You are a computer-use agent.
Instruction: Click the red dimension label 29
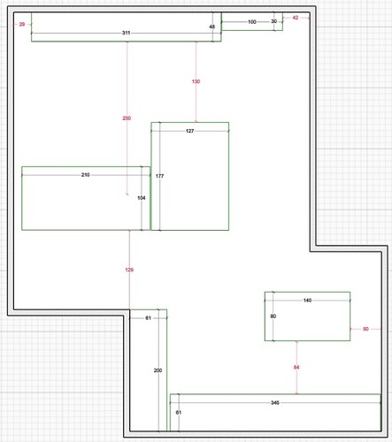click(22, 24)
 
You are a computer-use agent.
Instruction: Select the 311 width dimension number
click(126, 33)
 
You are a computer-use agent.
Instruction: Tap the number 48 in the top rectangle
click(212, 27)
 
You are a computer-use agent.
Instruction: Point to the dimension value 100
click(252, 22)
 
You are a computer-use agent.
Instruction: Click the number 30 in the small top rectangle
click(274, 21)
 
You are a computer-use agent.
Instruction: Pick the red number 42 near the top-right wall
click(296, 18)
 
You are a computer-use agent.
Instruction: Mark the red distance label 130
click(196, 81)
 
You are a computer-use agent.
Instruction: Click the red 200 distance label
click(127, 118)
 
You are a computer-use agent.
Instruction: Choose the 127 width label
click(190, 131)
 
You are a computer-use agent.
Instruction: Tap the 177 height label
click(159, 176)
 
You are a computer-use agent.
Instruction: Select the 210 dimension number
click(85, 175)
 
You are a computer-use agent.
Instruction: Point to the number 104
click(142, 198)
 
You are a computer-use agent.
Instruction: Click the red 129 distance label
click(129, 270)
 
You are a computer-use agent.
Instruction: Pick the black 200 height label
click(158, 370)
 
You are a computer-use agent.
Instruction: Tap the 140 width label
click(307, 301)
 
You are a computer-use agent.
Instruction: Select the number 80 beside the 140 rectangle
click(273, 316)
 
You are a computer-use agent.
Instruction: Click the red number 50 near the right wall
click(365, 329)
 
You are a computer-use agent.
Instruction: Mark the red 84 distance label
click(296, 367)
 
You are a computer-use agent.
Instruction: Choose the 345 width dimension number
click(275, 402)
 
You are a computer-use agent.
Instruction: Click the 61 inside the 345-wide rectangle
click(179, 413)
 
